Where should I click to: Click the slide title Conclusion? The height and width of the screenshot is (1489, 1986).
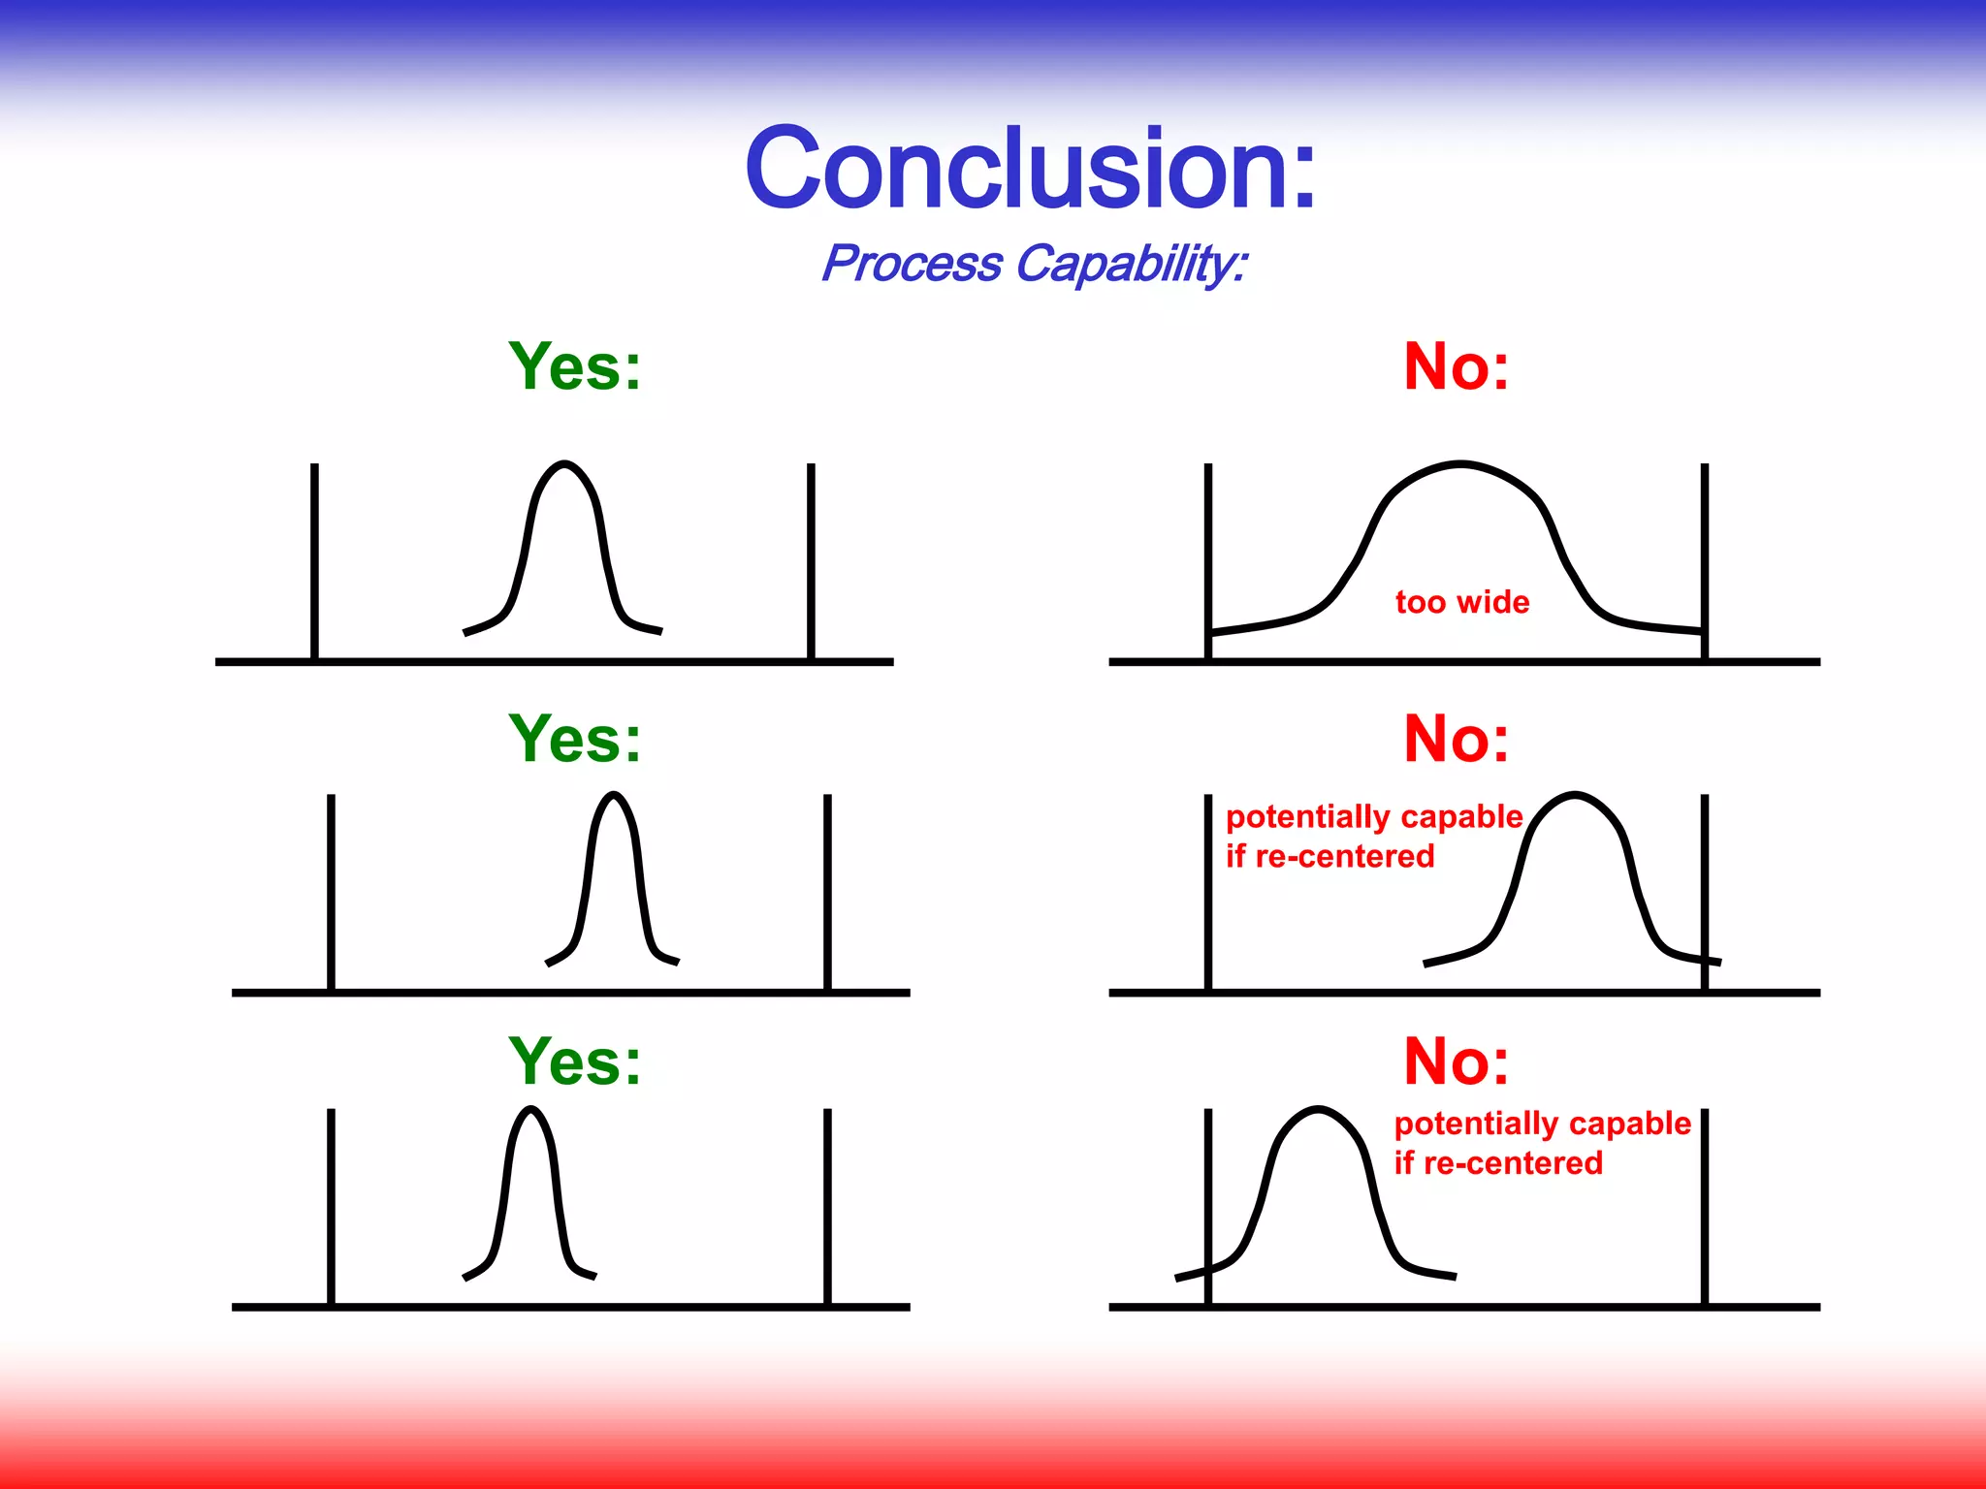click(1031, 169)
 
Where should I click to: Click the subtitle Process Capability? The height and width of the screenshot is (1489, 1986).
click(1034, 264)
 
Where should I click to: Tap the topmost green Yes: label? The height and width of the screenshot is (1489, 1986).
click(575, 367)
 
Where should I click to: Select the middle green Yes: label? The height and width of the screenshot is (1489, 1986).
click(575, 740)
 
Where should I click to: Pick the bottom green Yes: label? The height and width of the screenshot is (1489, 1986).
click(575, 1061)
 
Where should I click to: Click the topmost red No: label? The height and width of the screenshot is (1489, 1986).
click(1457, 367)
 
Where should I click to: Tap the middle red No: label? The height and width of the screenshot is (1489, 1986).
click(1457, 740)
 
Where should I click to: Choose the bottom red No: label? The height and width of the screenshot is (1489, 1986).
click(1457, 1061)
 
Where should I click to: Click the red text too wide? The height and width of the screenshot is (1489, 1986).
click(1462, 602)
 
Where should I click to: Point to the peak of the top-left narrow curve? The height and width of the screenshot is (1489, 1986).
click(564, 464)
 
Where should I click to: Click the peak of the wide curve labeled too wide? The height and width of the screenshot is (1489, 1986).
click(1460, 465)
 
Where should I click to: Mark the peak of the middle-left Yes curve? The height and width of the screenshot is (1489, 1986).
click(613, 795)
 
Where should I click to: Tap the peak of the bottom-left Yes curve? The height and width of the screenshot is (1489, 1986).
click(529, 1109)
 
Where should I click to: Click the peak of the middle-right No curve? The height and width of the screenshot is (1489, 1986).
click(1575, 795)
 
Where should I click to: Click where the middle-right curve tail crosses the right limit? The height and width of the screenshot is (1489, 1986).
click(1704, 960)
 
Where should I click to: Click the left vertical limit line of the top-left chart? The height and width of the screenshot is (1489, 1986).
click(314, 562)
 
